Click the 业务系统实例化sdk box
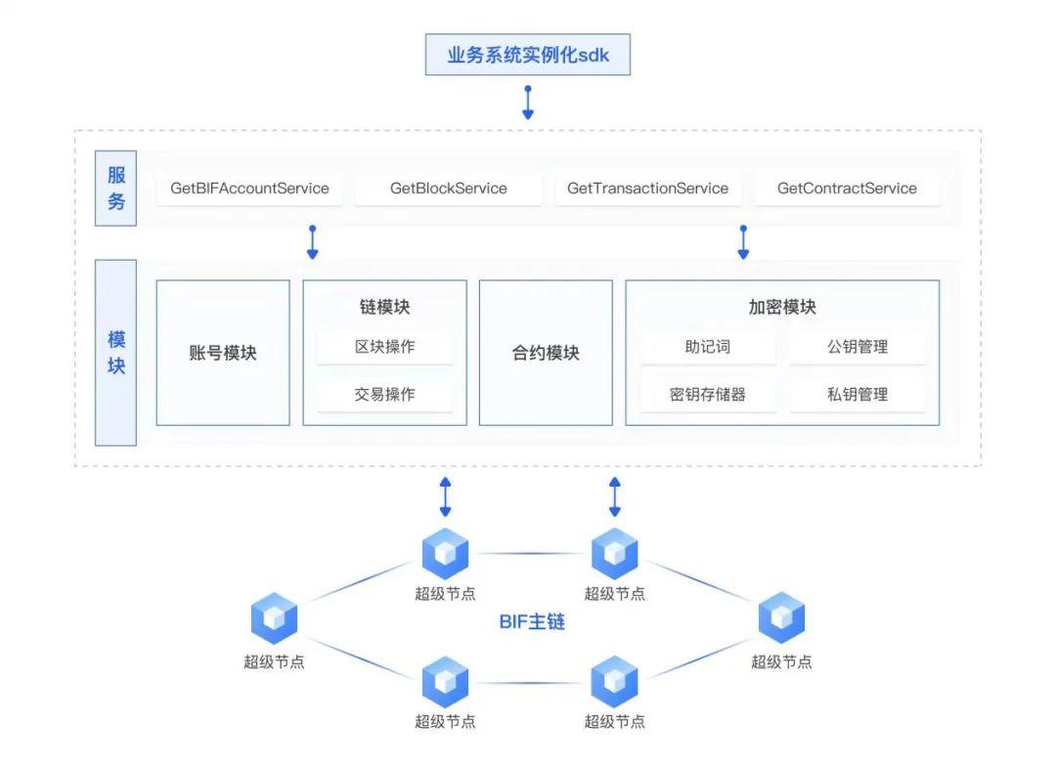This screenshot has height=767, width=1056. pos(527,55)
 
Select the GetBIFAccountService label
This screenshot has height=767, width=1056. pos(249,189)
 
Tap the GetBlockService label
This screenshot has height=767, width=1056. pos(448,189)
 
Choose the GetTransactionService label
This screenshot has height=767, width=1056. pos(647,189)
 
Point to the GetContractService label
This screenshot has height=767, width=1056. pos(847,189)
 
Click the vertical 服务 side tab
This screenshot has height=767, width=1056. pos(115,189)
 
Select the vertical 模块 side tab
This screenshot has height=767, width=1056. pos(115,353)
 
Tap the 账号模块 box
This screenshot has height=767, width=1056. pos(223,353)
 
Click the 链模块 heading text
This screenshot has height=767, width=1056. pos(384,307)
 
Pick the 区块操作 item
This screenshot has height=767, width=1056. pos(384,347)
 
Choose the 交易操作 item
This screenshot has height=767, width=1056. pos(384,395)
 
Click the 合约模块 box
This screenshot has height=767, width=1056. pos(546,353)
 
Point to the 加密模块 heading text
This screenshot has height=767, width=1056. pos(782,307)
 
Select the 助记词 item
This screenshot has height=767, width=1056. pos(708,347)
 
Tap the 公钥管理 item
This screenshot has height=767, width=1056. pos(858,347)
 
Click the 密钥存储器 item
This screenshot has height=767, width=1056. pos(708,395)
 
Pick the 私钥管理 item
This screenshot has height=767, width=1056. pos(858,395)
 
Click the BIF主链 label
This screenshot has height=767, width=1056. pos(532,621)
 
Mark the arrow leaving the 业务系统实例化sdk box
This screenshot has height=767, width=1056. pos(528,103)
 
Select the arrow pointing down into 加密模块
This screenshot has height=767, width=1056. pos(743,242)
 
